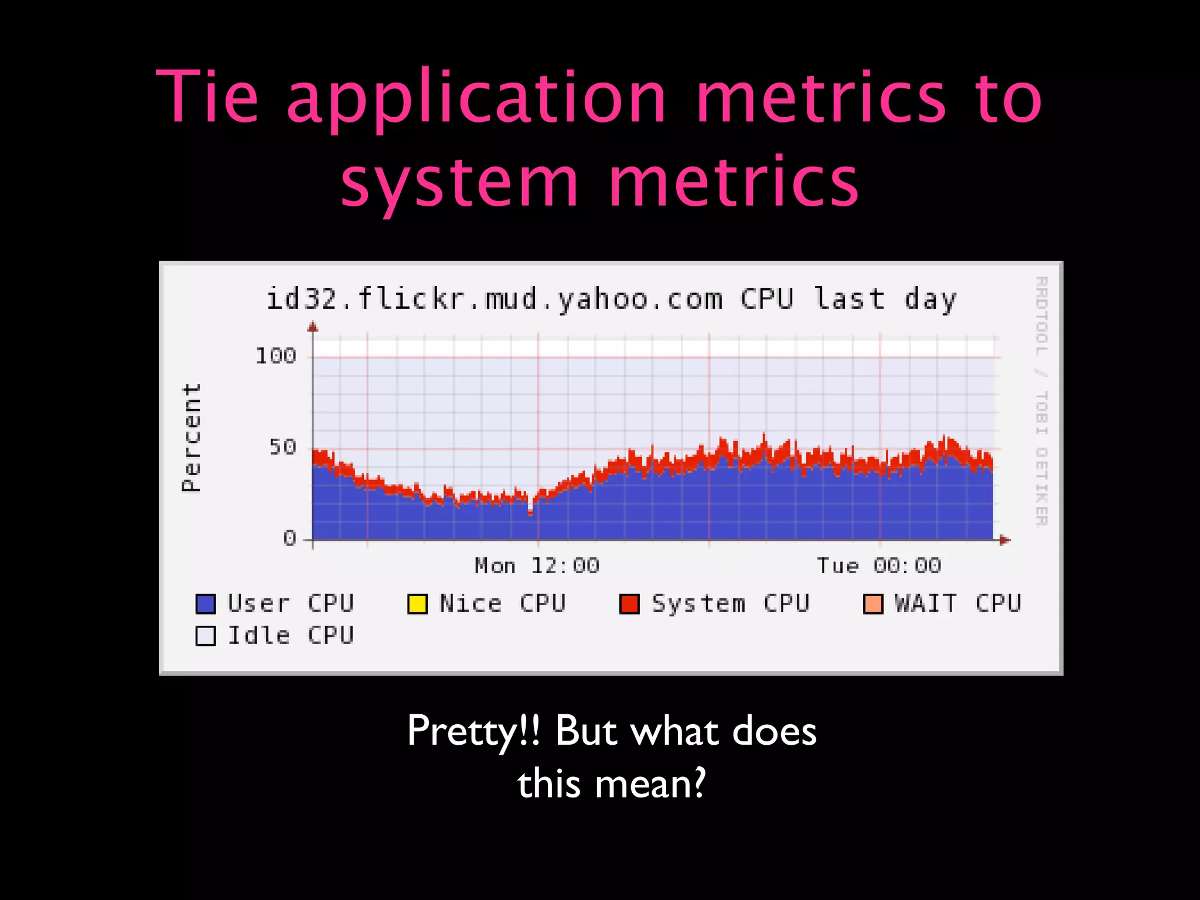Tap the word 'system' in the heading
460,183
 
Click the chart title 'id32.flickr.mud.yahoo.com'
494,299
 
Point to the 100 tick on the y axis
275,356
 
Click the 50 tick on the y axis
282,448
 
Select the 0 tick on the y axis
289,538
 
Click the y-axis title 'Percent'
192,437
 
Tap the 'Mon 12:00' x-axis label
537,566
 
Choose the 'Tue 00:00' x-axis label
878,566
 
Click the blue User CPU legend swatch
206,604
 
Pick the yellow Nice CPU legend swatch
417,604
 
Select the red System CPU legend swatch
629,604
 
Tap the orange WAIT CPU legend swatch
873,604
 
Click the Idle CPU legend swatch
206,636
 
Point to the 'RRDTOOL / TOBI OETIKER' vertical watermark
1041,401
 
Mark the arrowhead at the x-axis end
1005,540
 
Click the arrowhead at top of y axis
313,327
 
